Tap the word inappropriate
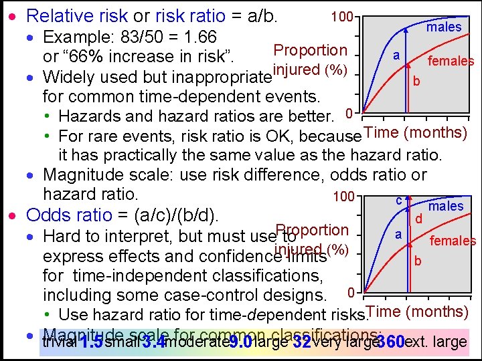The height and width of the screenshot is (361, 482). (220, 76)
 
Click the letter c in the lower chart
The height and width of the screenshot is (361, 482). (398, 200)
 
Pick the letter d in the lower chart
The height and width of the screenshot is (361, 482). (418, 218)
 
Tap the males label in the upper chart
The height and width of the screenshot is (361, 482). (445, 27)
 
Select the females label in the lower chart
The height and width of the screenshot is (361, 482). (453, 241)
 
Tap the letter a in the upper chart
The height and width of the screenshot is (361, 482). (396, 56)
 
